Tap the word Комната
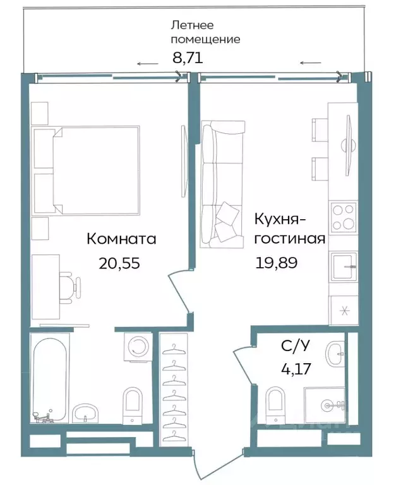click(x=121, y=239)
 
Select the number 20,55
click(x=119, y=263)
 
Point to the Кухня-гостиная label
click(x=289, y=229)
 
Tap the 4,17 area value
click(x=294, y=368)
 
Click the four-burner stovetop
click(x=342, y=217)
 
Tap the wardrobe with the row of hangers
click(x=172, y=392)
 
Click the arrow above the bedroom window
click(x=148, y=63)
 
